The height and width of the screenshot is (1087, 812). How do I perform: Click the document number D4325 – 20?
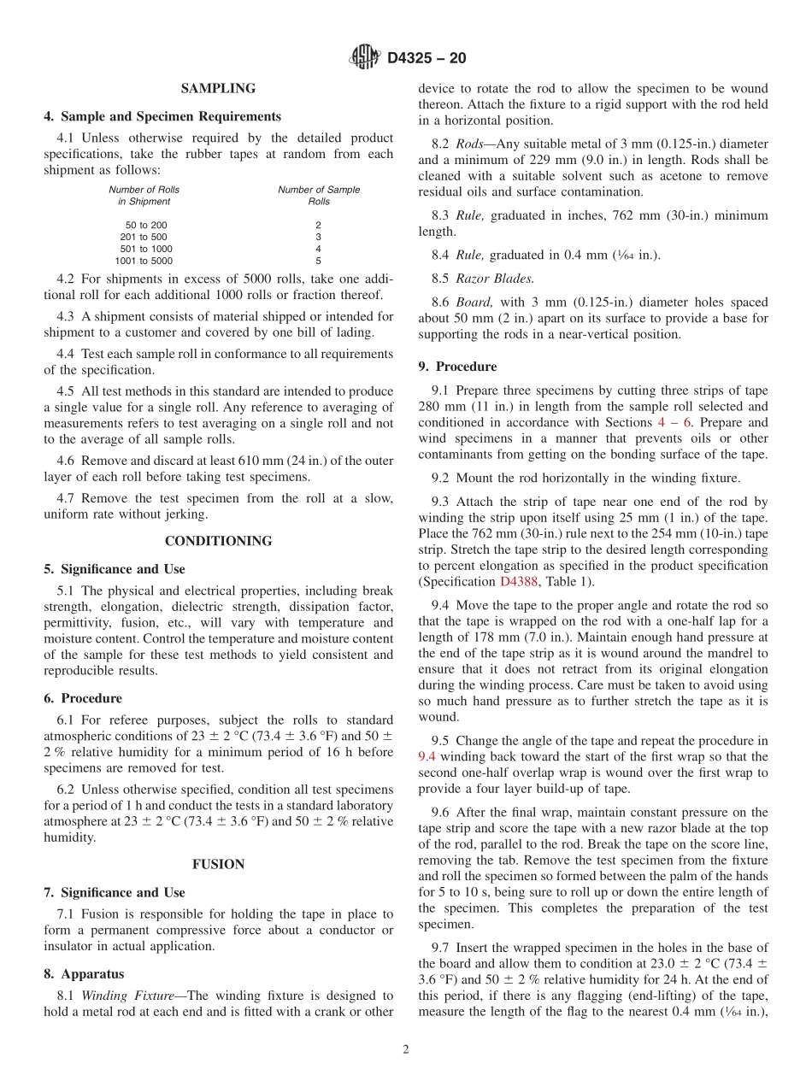coord(427,59)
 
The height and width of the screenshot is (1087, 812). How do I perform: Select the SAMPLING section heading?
coord(218,88)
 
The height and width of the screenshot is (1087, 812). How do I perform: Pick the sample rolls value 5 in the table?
coord(318,261)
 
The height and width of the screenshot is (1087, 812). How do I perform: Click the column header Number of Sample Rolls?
coord(318,196)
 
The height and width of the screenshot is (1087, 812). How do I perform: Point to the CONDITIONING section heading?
coord(218,541)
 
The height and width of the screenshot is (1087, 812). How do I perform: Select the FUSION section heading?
coord(218,864)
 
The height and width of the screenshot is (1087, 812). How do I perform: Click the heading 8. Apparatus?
coord(84,973)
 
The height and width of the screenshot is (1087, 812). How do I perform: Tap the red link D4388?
coord(521,581)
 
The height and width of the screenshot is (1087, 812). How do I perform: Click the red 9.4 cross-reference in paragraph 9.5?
coord(427,756)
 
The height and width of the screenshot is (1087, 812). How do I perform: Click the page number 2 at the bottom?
coord(405,1050)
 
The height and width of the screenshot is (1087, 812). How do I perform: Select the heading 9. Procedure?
coord(457,367)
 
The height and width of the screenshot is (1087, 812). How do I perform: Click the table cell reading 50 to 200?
coord(146,225)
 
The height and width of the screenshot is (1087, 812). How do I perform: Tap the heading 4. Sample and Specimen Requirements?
coord(162,116)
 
